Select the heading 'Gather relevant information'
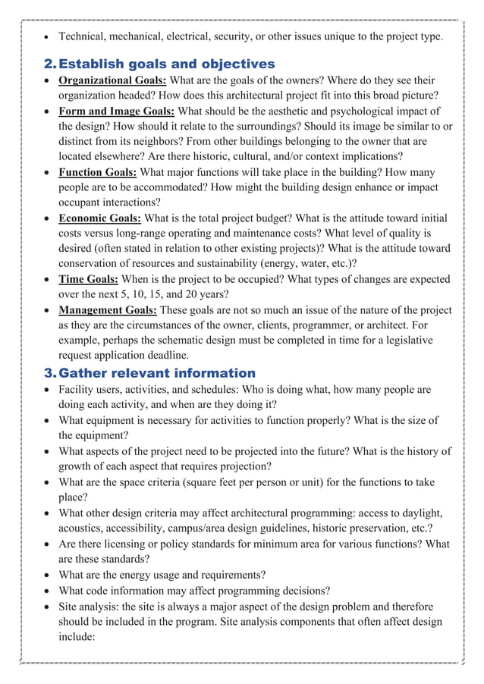[x=157, y=373]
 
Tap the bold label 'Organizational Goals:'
[x=114, y=80]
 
